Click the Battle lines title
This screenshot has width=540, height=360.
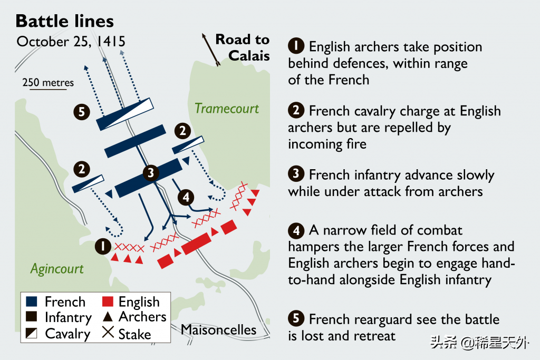[64, 21]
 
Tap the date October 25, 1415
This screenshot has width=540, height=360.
[71, 42]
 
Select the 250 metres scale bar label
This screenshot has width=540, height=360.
[48, 83]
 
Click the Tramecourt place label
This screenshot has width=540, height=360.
[227, 109]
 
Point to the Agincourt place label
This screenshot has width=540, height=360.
[56, 269]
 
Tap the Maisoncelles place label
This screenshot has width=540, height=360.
[218, 330]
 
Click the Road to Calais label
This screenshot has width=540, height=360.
[243, 47]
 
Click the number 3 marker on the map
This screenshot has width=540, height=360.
[151, 172]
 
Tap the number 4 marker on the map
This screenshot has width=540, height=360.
[186, 198]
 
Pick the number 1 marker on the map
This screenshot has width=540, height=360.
[102, 246]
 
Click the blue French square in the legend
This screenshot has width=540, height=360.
[32, 302]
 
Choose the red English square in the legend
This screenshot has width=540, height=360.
[108, 302]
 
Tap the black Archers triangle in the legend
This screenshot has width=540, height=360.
[108, 317]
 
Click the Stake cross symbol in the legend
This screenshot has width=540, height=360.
[108, 333]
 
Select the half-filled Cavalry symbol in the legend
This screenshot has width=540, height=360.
[32, 333]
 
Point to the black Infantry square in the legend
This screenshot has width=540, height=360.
[32, 317]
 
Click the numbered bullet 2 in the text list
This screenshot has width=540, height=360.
[296, 111]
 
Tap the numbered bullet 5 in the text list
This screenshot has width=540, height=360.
[296, 319]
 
